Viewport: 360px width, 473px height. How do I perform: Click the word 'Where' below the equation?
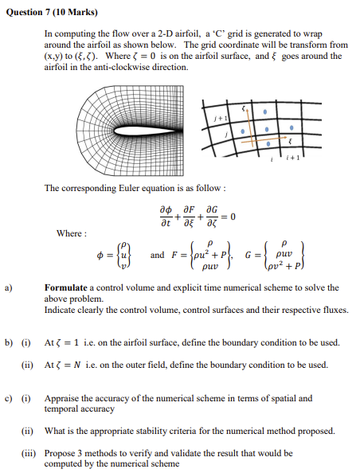coord(70,233)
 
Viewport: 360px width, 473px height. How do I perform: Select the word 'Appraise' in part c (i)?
coord(62,397)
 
